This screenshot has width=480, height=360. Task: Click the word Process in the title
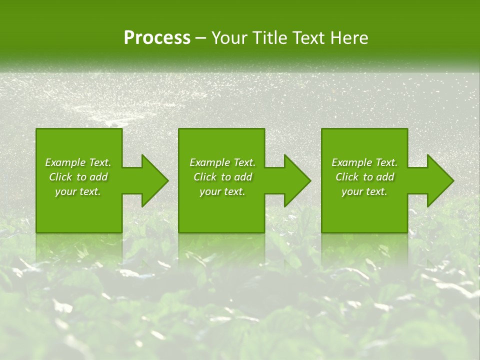(x=157, y=38)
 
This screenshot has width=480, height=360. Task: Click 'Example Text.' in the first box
(x=78, y=162)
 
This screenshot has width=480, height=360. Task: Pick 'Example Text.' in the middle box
(x=222, y=162)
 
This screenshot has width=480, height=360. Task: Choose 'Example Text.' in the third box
(x=364, y=162)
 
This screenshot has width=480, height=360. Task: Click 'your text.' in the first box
(x=78, y=191)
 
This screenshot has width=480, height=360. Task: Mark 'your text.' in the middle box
(x=222, y=191)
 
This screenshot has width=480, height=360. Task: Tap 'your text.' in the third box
(x=364, y=191)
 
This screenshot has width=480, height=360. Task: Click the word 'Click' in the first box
(x=61, y=177)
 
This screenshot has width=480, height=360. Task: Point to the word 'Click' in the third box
(x=347, y=177)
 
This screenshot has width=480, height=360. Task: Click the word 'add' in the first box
(x=99, y=177)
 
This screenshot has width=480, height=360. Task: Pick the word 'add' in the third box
(x=385, y=177)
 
